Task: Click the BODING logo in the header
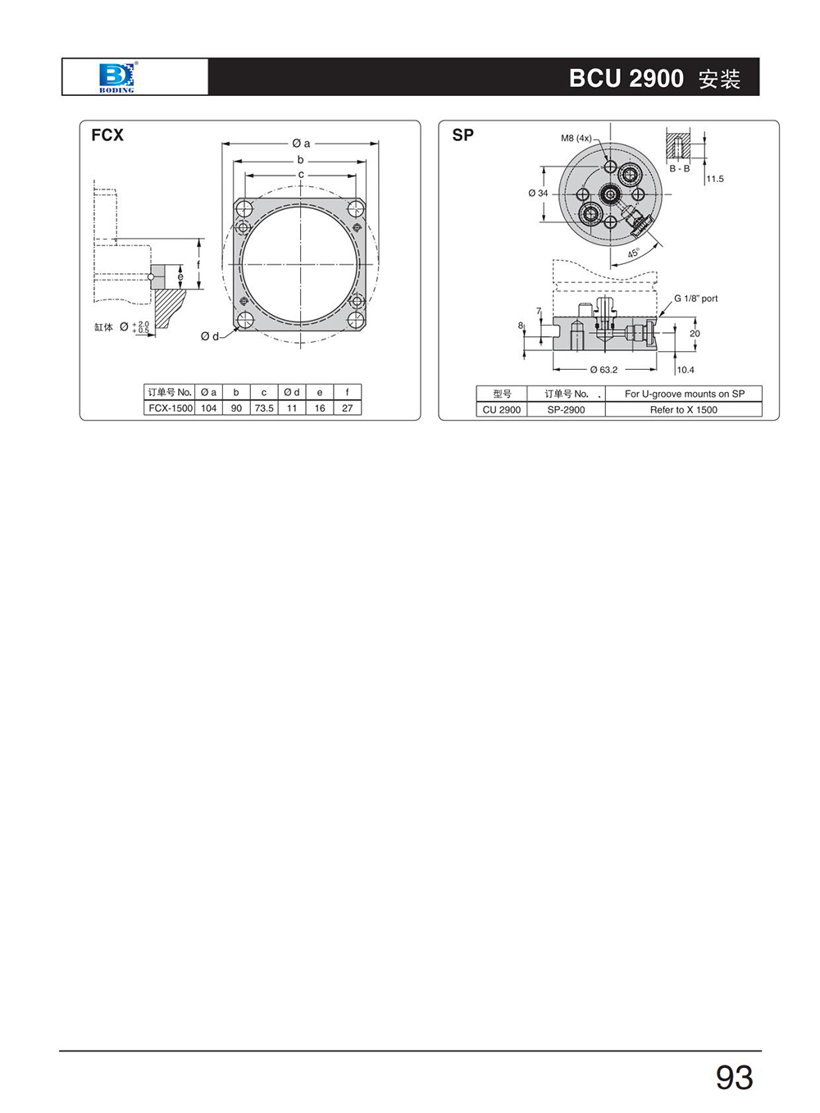click(117, 77)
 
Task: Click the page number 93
click(734, 1077)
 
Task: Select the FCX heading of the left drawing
click(107, 135)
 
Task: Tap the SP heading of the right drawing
click(463, 135)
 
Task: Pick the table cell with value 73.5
click(264, 408)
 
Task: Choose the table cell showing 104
click(208, 408)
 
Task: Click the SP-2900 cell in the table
click(566, 410)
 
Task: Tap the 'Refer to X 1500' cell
click(683, 410)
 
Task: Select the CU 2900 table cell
click(502, 410)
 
